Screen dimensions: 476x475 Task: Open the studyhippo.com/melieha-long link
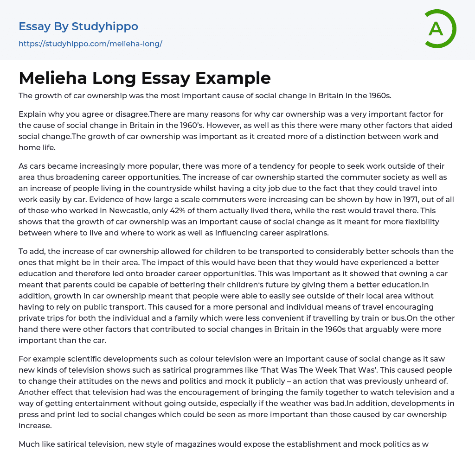(90, 44)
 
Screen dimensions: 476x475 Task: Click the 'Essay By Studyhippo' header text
(78, 26)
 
